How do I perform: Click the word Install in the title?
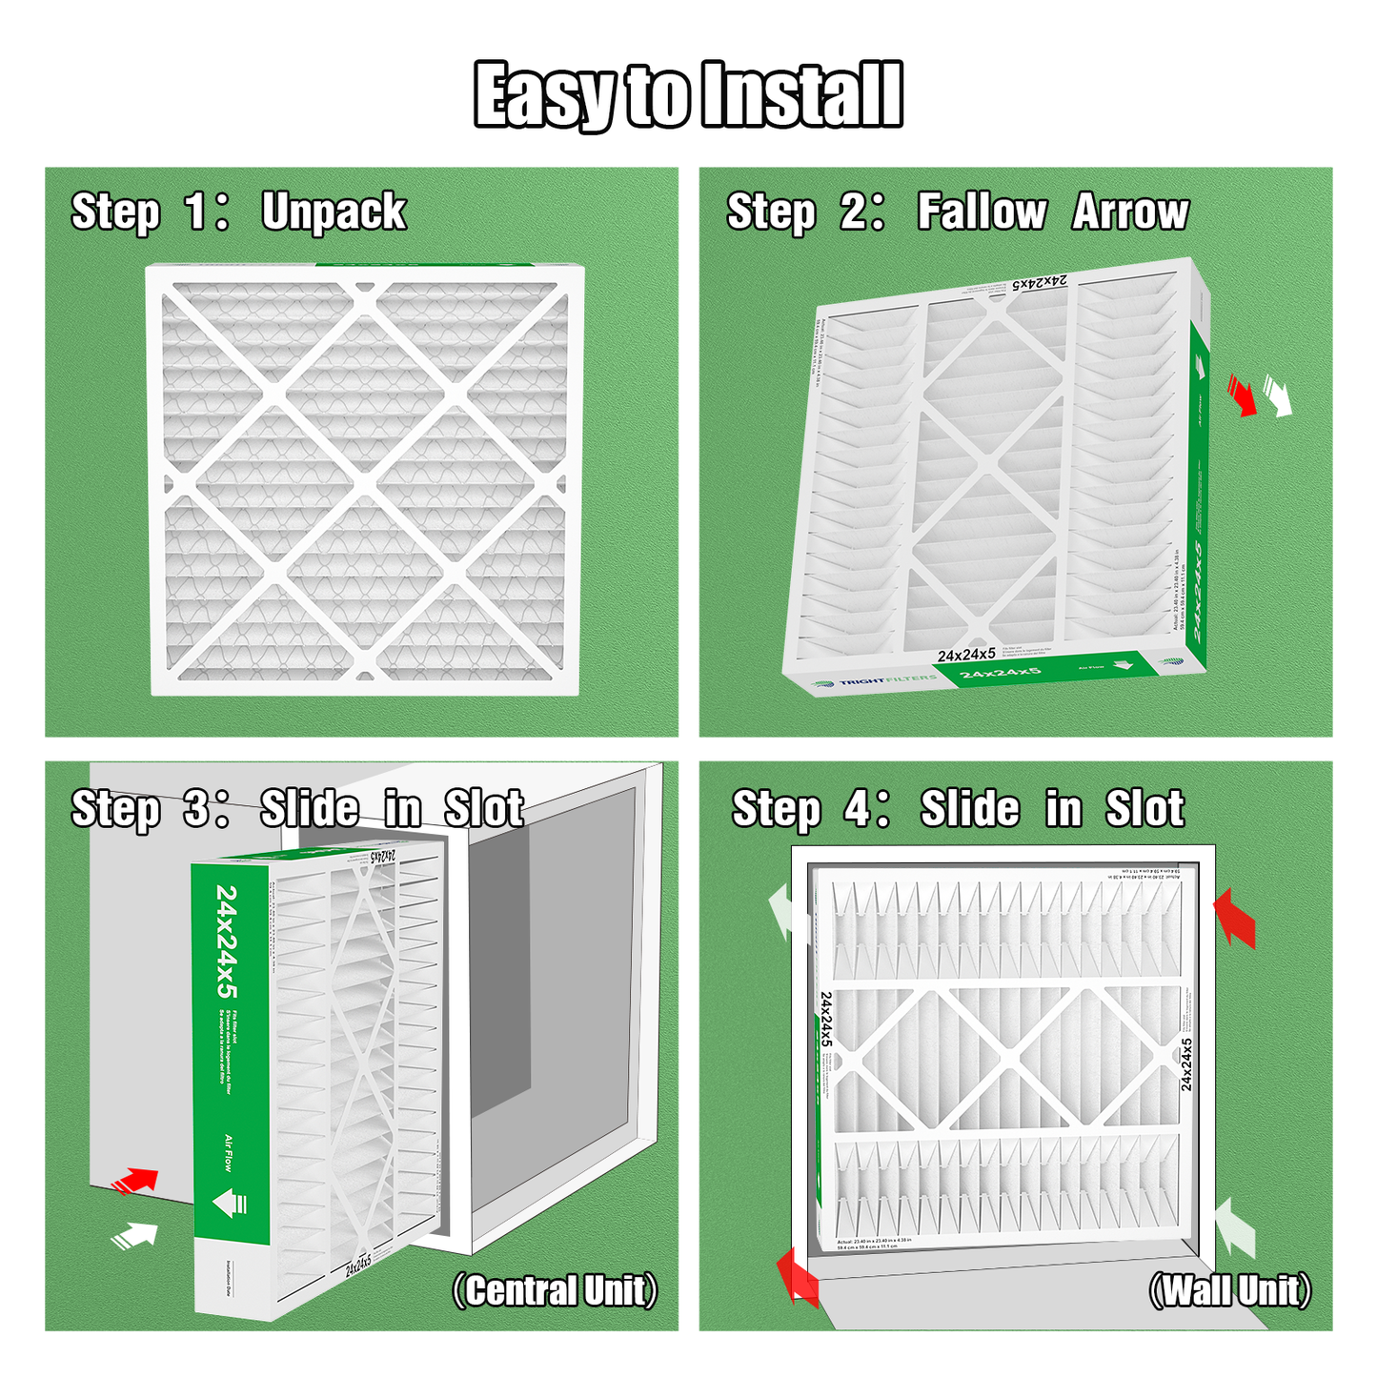800,94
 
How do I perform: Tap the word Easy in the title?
544,94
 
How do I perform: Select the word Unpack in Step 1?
334,212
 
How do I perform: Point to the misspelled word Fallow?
982,212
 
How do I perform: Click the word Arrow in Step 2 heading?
1131,212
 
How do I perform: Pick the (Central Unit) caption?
555,1291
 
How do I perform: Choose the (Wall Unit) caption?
1230,1291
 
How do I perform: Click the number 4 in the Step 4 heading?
857,809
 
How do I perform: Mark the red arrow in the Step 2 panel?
1242,395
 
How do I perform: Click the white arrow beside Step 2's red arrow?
1277,395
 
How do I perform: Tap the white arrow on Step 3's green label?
230,1203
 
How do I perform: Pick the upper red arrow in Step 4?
1235,918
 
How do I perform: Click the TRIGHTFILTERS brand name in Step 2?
875,680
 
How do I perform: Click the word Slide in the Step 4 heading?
969,809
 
